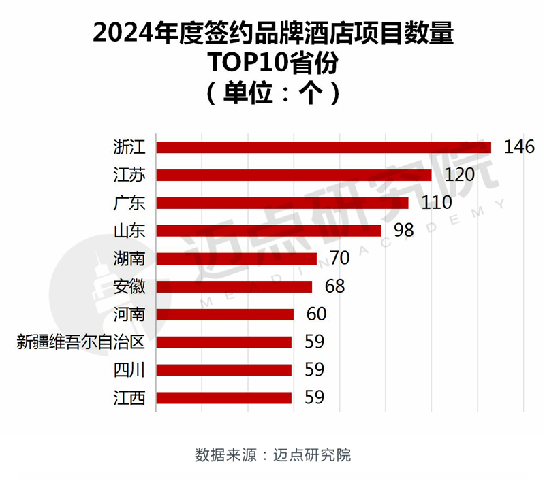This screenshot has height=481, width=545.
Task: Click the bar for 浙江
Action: [324, 147]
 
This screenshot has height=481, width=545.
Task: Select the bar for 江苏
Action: [294, 175]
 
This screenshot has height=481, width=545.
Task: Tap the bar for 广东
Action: [283, 203]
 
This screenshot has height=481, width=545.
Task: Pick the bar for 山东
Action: [269, 231]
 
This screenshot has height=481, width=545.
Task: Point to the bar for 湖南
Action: [237, 259]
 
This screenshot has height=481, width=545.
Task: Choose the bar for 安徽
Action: [234, 286]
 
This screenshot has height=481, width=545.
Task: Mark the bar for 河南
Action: [225, 314]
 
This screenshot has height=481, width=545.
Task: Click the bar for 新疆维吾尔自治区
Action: [224, 342]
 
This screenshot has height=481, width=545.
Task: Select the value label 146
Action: [519, 147]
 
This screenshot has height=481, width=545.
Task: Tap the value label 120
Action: [459, 175]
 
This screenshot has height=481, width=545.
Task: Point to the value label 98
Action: [404, 231]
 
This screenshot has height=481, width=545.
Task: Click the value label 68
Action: [334, 286]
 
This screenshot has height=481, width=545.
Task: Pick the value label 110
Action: [437, 203]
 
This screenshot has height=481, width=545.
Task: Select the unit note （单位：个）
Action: [272, 92]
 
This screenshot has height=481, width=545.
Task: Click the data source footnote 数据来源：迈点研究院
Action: [272, 454]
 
